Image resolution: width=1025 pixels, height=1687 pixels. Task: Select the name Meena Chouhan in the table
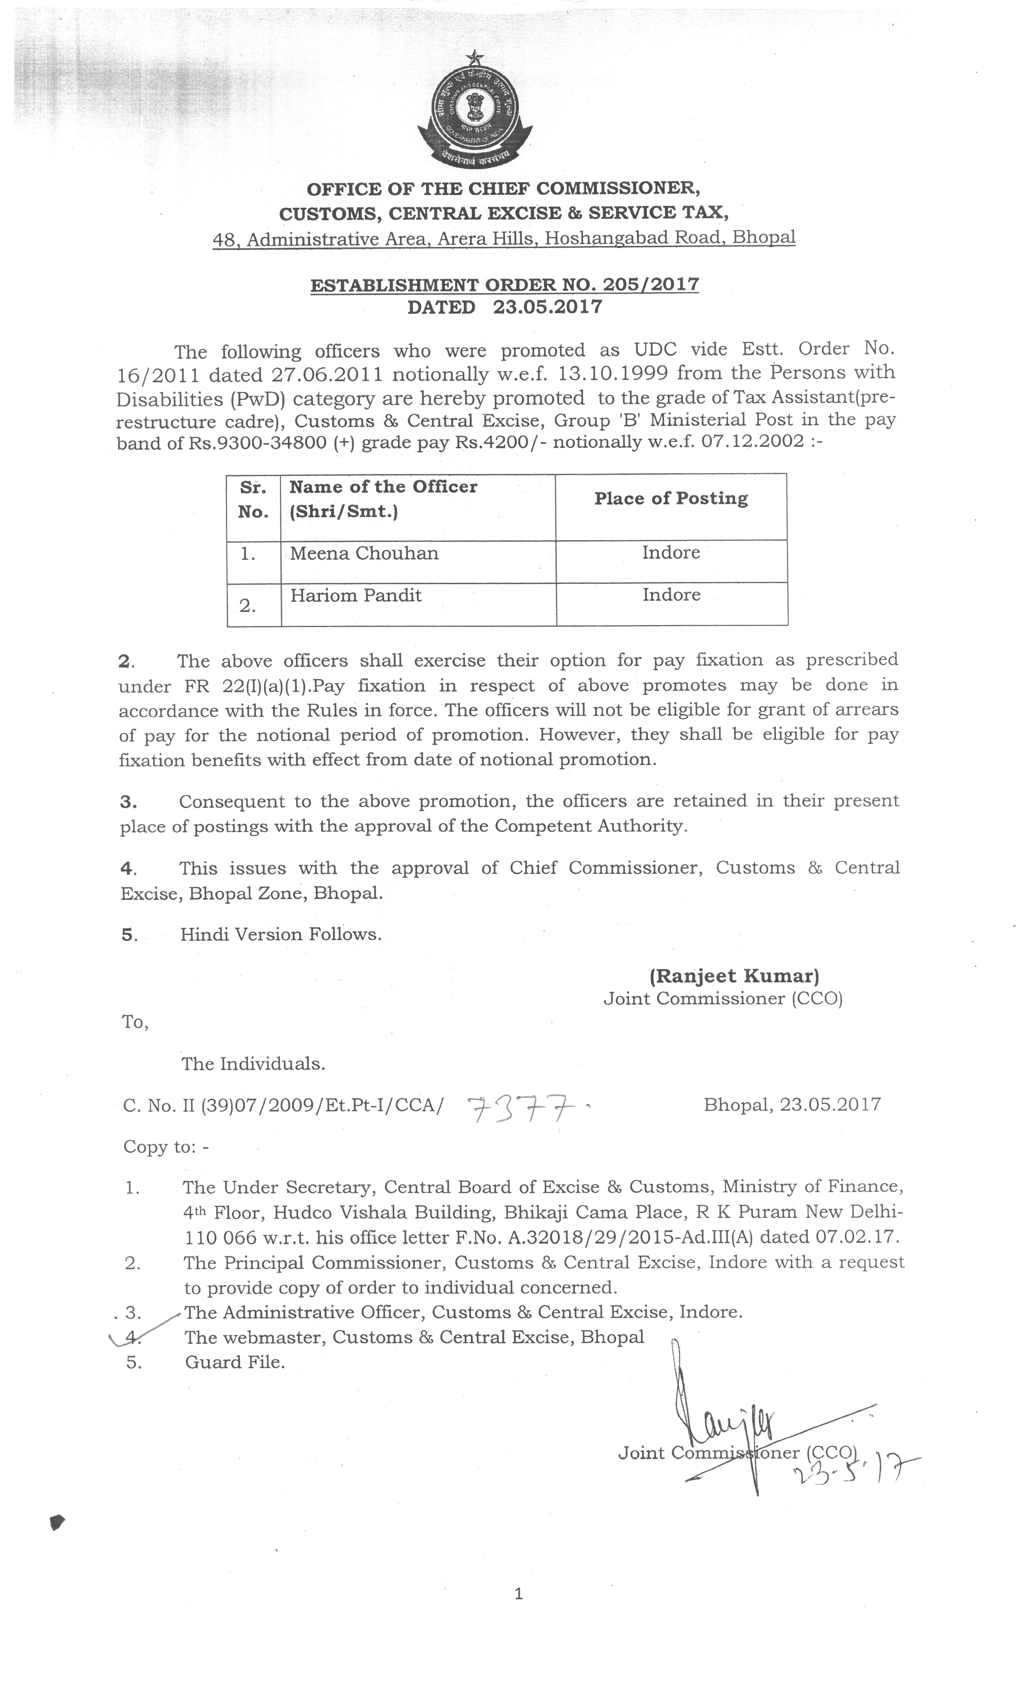point(364,553)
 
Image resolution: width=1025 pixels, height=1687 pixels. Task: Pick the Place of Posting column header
point(671,498)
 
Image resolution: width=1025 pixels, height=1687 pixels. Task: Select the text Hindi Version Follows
point(281,934)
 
